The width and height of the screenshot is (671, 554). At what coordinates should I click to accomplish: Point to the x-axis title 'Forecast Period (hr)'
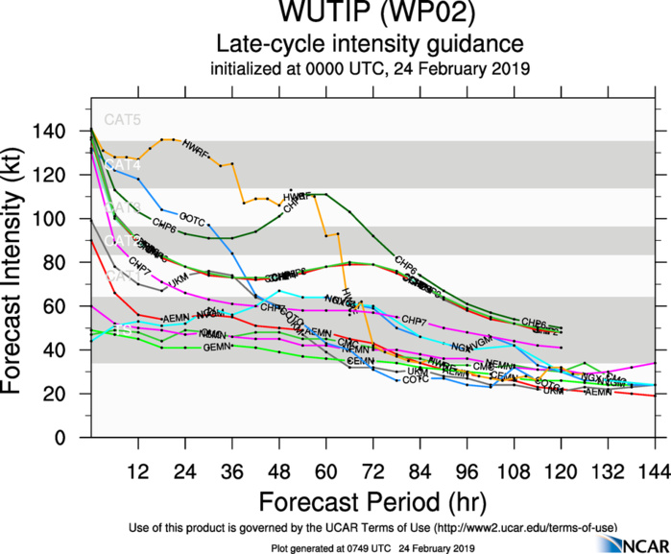coord(371,501)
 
